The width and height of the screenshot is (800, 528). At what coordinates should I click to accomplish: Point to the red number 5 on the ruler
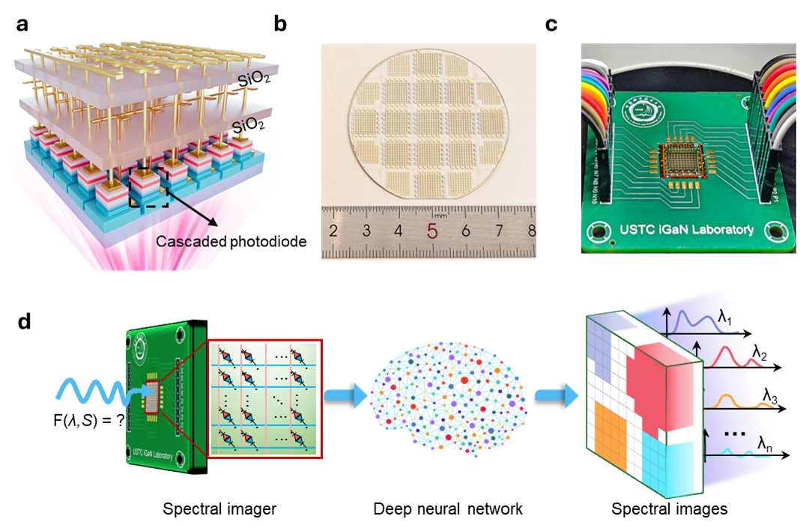(x=432, y=231)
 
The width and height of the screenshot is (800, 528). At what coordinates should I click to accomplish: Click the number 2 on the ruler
(x=333, y=230)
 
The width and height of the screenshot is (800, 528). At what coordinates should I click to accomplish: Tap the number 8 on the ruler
(x=531, y=230)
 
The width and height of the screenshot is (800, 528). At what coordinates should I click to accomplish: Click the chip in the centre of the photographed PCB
(x=684, y=158)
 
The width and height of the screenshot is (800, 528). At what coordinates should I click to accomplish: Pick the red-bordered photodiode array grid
(x=264, y=399)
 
